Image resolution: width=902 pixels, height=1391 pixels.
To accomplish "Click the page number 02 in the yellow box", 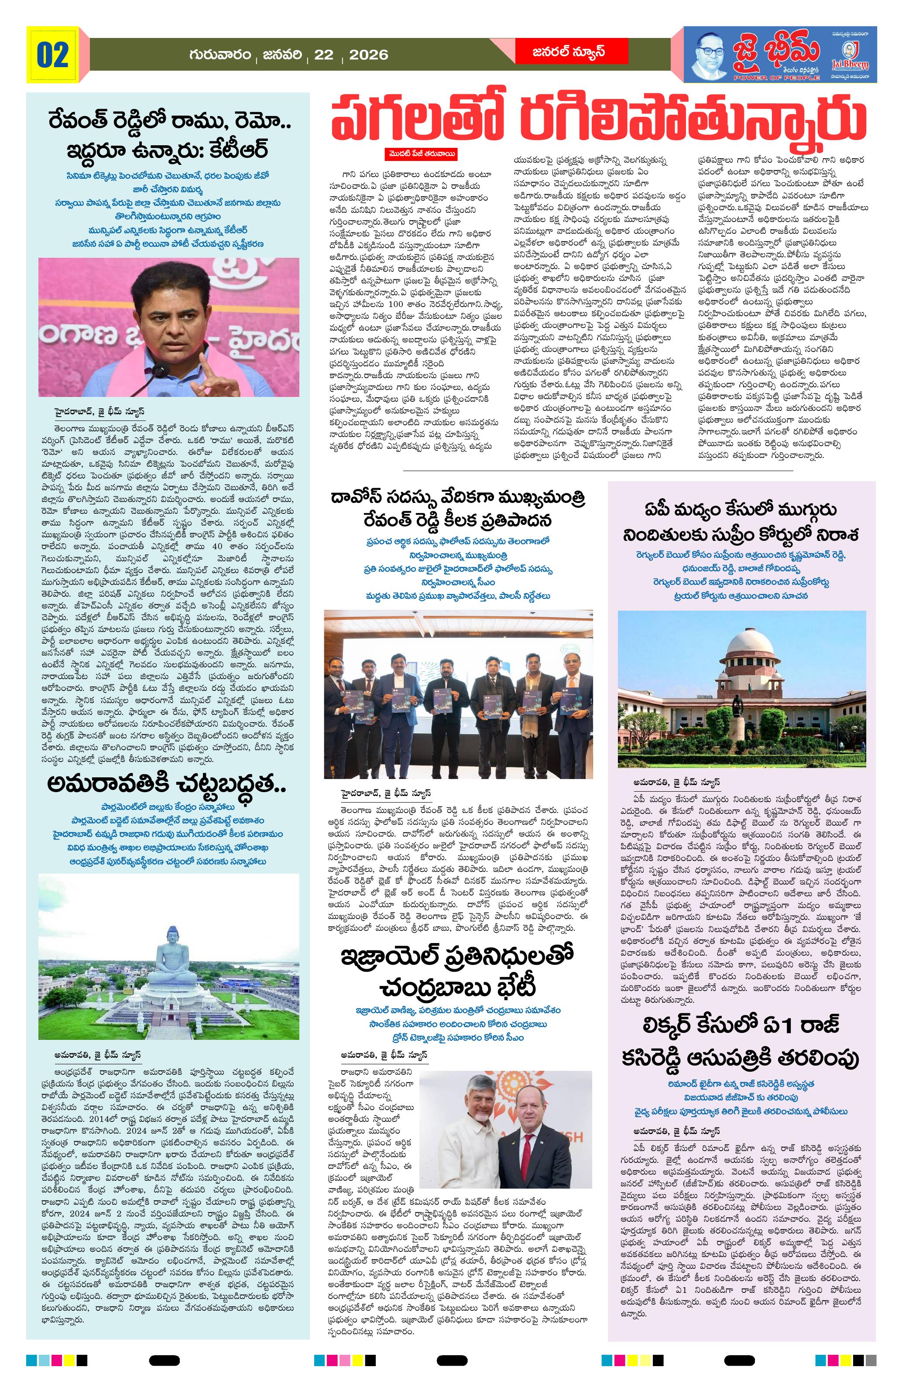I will pos(53,55).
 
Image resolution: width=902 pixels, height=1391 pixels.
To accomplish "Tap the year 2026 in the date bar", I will pos(368,55).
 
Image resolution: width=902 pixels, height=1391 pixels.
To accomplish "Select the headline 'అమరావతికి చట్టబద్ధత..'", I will pos(167,783).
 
